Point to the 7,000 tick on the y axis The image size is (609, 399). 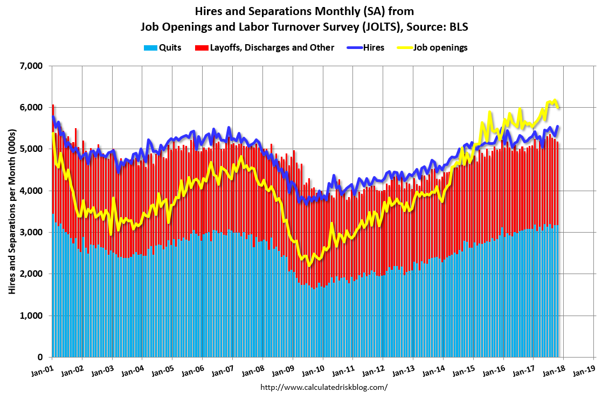pos(31,66)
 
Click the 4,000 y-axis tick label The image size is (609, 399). pos(31,191)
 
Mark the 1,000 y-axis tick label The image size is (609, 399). pos(31,316)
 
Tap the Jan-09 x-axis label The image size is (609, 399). pos(288,371)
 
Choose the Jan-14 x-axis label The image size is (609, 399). pos(439,371)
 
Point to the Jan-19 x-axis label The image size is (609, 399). pos(590,371)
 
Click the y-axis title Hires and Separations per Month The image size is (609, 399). pos(12,212)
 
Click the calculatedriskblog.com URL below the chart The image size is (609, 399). pos(323,387)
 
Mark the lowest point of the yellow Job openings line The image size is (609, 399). pos(309,265)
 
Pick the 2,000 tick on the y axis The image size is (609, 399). pos(31,274)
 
